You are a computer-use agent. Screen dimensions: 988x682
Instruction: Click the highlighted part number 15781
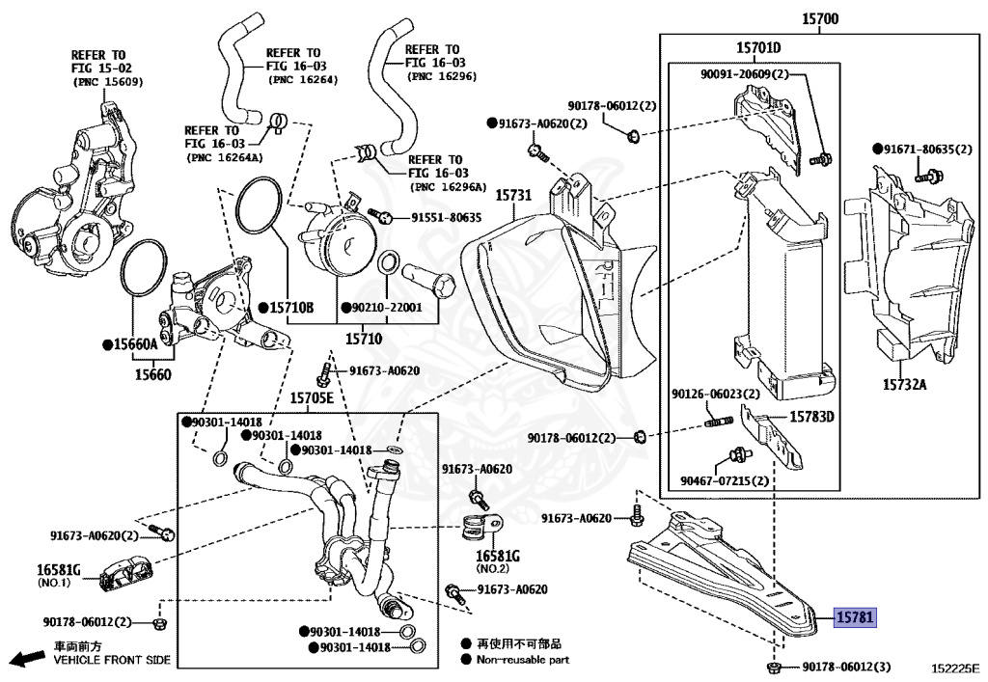pos(855,617)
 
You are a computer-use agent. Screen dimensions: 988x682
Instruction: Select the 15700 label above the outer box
pos(820,19)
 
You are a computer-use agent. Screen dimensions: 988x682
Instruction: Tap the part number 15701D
pos(758,48)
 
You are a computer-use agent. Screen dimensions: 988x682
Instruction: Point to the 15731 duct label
pos(513,195)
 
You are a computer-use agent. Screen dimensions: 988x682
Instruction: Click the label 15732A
pos(904,384)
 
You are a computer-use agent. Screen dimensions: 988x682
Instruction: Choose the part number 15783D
pos(811,417)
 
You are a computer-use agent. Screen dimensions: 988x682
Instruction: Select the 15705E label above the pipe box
pos(312,398)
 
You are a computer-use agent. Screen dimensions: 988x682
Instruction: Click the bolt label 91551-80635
pos(446,218)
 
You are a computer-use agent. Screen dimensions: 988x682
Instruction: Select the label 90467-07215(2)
pos(725,481)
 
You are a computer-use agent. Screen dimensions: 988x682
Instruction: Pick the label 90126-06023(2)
pos(716,395)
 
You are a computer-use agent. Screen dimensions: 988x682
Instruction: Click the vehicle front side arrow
pos(29,658)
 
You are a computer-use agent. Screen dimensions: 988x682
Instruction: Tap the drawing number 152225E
pos(956,668)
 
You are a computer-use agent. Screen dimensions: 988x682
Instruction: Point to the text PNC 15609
pos(108,82)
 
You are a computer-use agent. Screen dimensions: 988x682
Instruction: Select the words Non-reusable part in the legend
pos(523,660)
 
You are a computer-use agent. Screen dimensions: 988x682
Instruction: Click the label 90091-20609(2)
pos(745,74)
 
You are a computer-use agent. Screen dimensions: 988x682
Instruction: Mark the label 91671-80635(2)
pos(923,150)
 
